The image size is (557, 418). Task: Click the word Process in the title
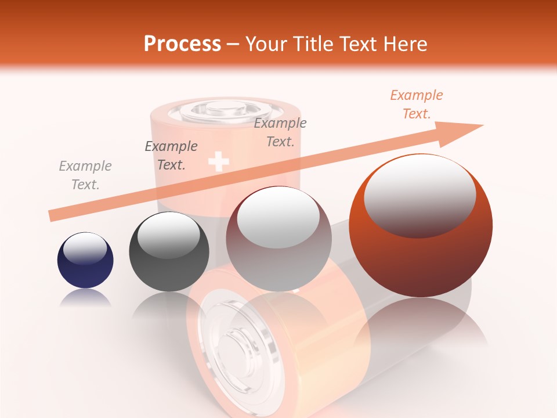click(x=182, y=44)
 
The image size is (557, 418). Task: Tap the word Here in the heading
click(x=404, y=44)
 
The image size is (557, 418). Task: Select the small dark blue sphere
click(x=85, y=260)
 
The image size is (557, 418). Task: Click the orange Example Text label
click(x=417, y=105)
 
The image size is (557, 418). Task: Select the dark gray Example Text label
click(x=171, y=156)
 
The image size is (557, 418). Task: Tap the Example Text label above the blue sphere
click(x=85, y=175)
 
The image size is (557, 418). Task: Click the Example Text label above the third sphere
click(x=280, y=132)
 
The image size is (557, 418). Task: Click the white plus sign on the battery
click(x=218, y=161)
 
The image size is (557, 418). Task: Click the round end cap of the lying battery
click(x=235, y=354)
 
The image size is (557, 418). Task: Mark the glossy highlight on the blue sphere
click(x=85, y=248)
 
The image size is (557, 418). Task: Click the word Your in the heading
click(x=265, y=44)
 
